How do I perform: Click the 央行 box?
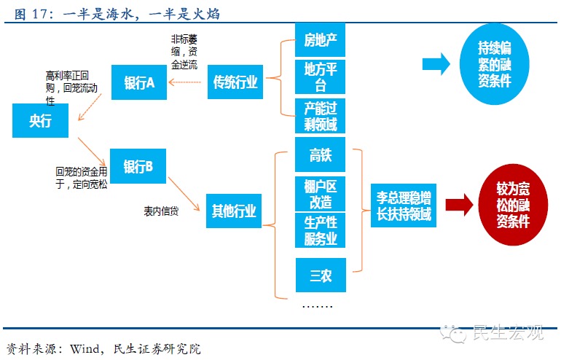(x=40, y=121)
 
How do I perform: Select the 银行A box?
(x=140, y=82)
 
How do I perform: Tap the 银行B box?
(x=138, y=167)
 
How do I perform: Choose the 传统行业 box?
(x=235, y=82)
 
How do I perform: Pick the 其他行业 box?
(x=234, y=211)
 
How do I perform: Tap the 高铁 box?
(x=320, y=154)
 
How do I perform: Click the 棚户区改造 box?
(x=320, y=193)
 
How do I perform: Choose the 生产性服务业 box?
(x=320, y=230)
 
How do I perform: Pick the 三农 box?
(x=320, y=275)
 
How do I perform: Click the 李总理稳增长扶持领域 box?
(x=404, y=205)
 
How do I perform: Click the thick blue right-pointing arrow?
(x=436, y=64)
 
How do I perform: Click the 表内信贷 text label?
(x=161, y=211)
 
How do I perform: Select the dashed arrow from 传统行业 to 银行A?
(x=186, y=82)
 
